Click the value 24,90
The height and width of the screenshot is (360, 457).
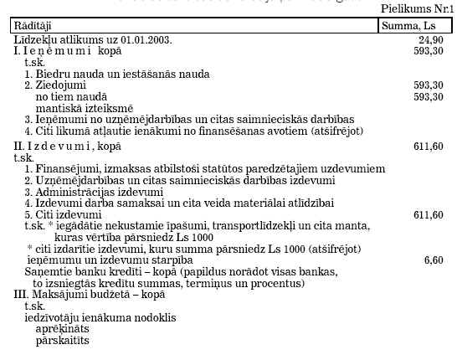tap(430, 39)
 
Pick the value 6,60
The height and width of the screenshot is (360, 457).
tap(433, 260)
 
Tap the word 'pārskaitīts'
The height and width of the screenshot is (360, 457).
tap(62, 342)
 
